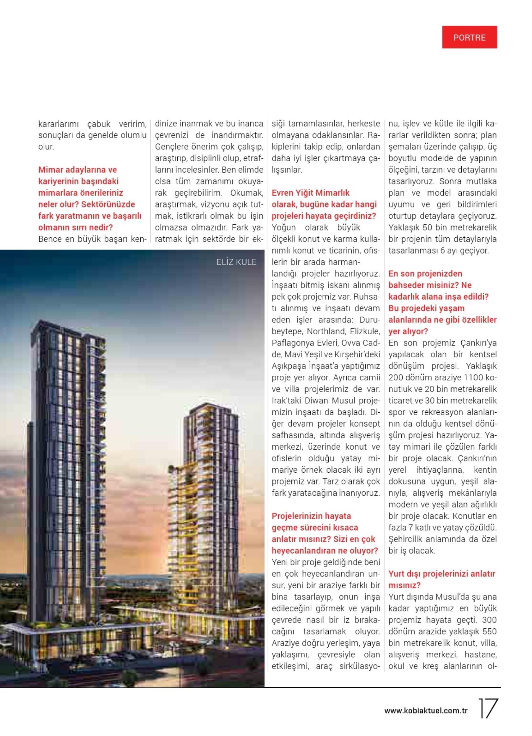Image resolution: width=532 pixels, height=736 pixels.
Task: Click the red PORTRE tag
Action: point(469,37)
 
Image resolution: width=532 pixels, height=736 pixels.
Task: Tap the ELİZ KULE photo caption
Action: point(236,262)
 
